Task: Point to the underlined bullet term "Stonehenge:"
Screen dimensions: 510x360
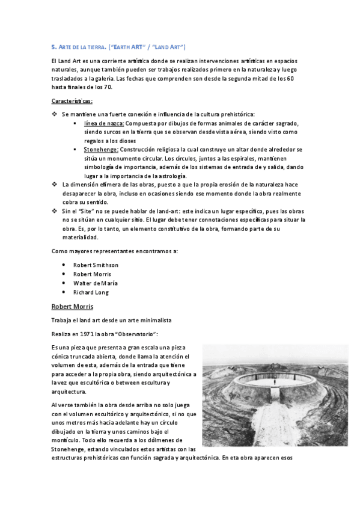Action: [101, 149]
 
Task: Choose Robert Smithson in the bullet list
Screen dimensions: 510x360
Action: [96, 265]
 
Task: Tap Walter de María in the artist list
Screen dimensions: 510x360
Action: [95, 283]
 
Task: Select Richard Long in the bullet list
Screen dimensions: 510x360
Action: [91, 292]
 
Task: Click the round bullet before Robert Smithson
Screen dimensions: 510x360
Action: [64, 265]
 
